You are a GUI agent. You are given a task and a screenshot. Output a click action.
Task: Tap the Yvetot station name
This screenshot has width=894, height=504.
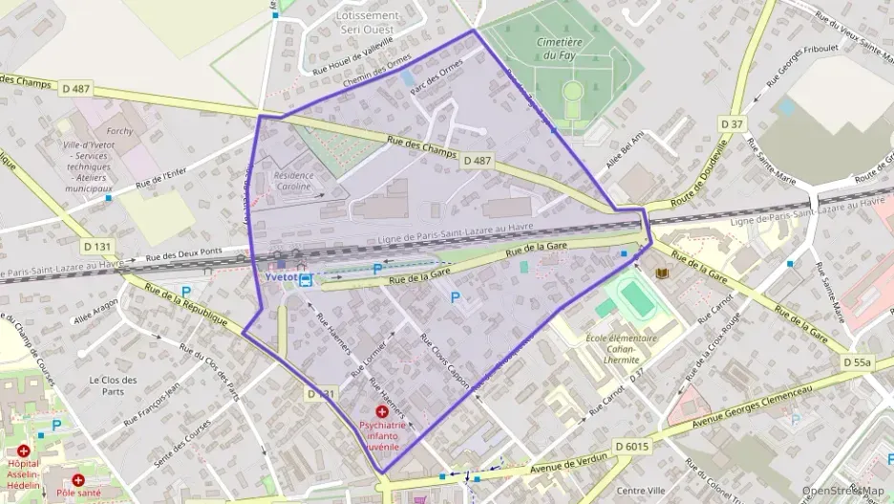click(280, 278)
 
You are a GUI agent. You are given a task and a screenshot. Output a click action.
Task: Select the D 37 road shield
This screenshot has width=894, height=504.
click(732, 124)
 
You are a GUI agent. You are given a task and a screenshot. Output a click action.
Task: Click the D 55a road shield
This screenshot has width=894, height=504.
click(857, 362)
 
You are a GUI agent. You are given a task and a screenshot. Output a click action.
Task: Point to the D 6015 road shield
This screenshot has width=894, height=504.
click(631, 446)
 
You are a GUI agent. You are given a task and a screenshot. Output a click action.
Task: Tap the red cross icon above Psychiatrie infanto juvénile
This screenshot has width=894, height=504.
click(381, 410)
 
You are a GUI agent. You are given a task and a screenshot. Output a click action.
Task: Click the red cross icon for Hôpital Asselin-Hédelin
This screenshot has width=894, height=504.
click(22, 449)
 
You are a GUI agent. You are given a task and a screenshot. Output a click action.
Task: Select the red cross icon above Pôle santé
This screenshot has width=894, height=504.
click(78, 479)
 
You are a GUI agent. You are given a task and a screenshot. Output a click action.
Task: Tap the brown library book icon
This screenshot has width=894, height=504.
click(661, 274)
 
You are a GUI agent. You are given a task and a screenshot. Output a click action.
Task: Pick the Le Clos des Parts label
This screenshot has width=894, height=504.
click(113, 384)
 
